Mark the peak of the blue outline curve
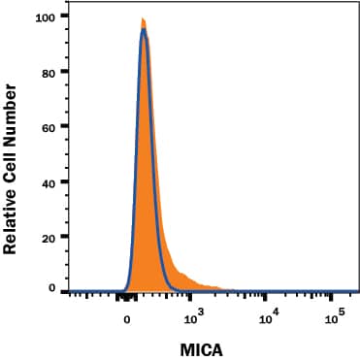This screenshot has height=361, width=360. pyautogui.click(x=144, y=29)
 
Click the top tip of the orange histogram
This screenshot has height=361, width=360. pyautogui.click(x=143, y=18)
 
